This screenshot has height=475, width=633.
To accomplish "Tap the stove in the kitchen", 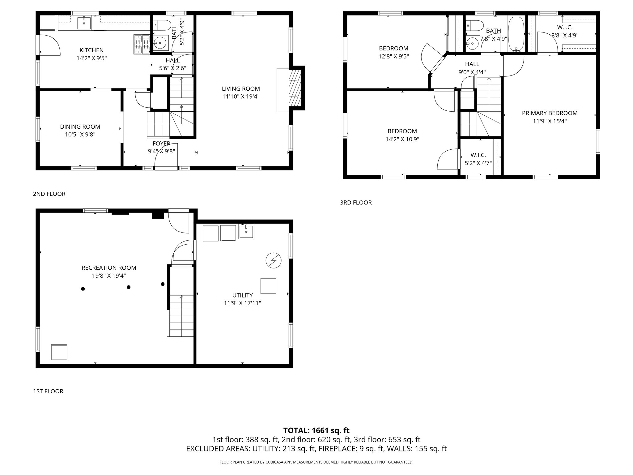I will [x=142, y=44].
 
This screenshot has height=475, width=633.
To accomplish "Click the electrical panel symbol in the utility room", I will [x=274, y=260].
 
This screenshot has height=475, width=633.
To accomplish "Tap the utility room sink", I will [x=246, y=232].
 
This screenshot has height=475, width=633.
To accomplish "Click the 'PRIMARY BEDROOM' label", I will [x=550, y=113].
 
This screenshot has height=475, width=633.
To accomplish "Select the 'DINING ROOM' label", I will [x=80, y=126].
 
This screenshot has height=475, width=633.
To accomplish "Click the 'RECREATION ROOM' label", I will [x=109, y=268].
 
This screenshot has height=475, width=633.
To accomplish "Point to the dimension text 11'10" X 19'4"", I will [x=241, y=96].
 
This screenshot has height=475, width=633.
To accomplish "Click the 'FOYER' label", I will [x=161, y=143].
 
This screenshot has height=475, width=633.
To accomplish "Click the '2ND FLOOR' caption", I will [x=49, y=194].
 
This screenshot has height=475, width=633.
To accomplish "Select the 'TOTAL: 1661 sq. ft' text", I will [x=316, y=430].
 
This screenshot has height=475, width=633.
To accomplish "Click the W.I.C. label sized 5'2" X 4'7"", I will [x=478, y=155].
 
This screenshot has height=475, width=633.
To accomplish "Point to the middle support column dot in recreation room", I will [x=129, y=287].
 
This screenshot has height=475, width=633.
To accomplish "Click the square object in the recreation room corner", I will [x=59, y=352].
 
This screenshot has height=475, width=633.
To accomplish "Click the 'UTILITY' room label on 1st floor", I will [x=243, y=295].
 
